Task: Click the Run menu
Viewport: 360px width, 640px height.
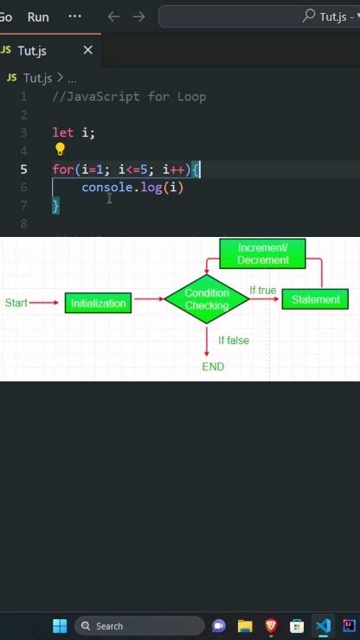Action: pyautogui.click(x=38, y=16)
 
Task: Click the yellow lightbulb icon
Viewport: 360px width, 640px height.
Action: pyautogui.click(x=61, y=150)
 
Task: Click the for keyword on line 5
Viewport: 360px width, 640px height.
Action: pyautogui.click(x=62, y=170)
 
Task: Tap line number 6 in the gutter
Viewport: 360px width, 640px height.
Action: pyautogui.click(x=23, y=187)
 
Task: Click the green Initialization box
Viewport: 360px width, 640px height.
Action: pyautogui.click(x=99, y=303)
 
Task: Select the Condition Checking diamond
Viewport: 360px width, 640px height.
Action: pyautogui.click(x=207, y=299)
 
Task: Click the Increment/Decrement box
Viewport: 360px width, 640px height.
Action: pyautogui.click(x=263, y=253)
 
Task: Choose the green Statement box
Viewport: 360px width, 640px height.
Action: pyautogui.click(x=316, y=299)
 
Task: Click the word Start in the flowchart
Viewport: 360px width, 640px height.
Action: pyautogui.click(x=16, y=303)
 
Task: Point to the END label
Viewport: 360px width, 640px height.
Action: pyautogui.click(x=213, y=367)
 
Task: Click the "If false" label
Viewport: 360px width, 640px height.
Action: pyautogui.click(x=233, y=341)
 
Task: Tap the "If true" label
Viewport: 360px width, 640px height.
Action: pyautogui.click(x=262, y=291)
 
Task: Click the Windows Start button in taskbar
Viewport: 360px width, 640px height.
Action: pyautogui.click(x=60, y=625)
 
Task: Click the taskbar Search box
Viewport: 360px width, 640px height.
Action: pyautogui.click(x=138, y=625)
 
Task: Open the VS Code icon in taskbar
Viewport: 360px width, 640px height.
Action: pyautogui.click(x=323, y=625)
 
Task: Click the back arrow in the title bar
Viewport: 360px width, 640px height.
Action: pyautogui.click(x=113, y=16)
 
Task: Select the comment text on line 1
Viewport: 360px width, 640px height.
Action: pyautogui.click(x=129, y=96)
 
